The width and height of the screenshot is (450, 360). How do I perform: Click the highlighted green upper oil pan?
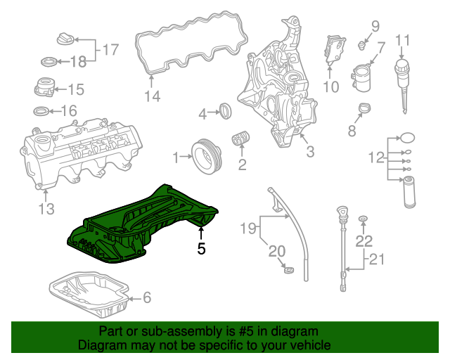pos(141,218)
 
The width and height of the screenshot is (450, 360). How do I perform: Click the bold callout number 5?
pos(202,248)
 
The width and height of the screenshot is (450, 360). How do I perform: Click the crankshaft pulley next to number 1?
pos(205,155)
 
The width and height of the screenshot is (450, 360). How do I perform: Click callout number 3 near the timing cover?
pos(310,150)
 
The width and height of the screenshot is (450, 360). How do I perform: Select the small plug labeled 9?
pos(361,45)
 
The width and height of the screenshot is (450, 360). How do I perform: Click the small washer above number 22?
pos(363,221)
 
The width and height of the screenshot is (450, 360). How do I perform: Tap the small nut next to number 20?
pos(287,269)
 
